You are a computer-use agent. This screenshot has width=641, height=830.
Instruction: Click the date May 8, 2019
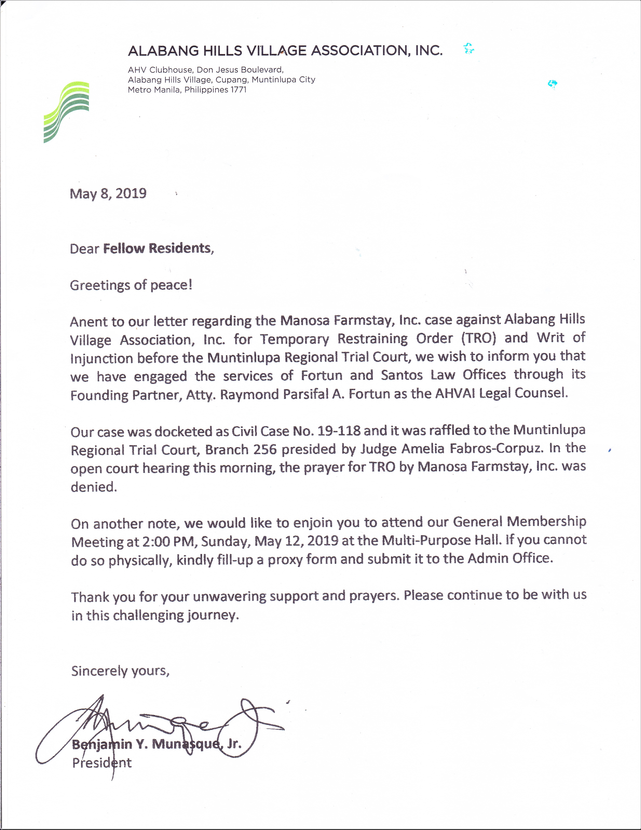[x=108, y=193]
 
